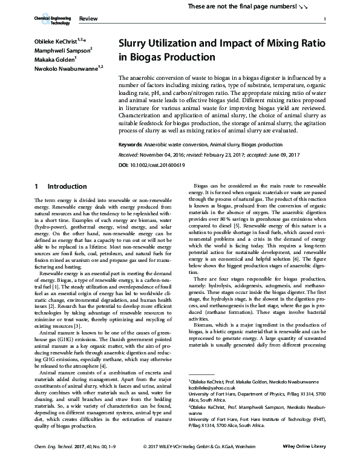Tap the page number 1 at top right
pyautogui.click(x=325, y=21)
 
